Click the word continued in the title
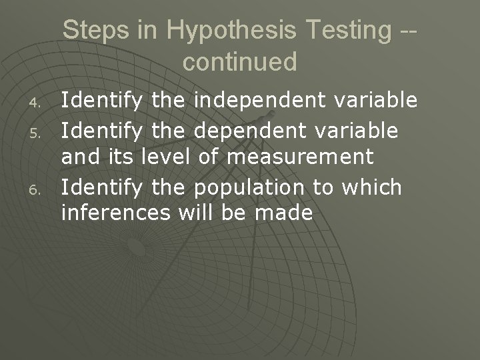(x=239, y=62)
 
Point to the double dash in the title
(x=409, y=31)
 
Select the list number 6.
(x=38, y=189)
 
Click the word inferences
(x=117, y=214)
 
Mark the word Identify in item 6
(x=101, y=187)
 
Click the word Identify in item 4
(x=101, y=101)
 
